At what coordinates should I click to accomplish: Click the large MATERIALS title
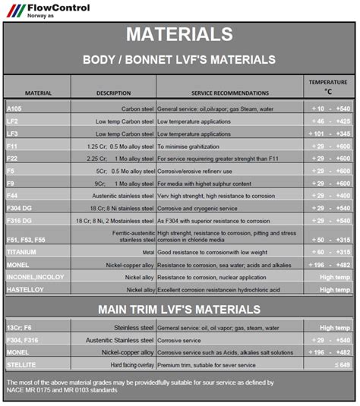point(179,34)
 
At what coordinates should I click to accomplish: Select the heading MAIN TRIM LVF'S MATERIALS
point(179,309)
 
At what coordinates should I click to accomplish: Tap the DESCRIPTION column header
point(113,93)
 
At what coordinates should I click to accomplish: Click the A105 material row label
point(14,109)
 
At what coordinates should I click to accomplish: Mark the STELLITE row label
point(21,364)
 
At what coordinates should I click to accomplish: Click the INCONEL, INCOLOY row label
point(35,277)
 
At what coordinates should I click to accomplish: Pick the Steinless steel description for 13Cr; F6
point(131,327)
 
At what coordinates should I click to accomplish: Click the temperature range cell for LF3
point(328,134)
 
